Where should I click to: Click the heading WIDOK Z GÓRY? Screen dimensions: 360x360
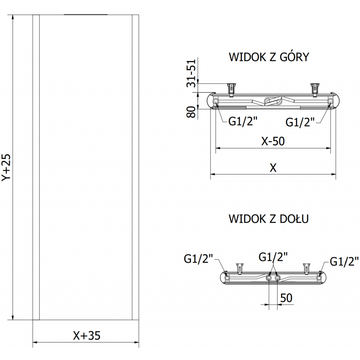point(269,57)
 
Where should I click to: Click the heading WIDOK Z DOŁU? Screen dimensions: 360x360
point(269,219)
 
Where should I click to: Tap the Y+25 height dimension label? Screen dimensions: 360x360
point(6,167)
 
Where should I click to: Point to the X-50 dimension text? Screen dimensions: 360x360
point(273,141)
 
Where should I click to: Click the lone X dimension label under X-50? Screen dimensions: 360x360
point(273,167)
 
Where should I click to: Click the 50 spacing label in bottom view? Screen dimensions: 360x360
point(286,297)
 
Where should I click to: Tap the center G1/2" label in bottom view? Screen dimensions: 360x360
point(273,257)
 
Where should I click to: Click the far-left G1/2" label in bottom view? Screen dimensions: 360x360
point(198,259)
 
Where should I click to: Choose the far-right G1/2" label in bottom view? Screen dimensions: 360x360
point(344,261)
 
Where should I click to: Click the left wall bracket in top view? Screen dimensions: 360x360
point(232,88)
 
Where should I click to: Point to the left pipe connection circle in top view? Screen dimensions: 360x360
point(216,102)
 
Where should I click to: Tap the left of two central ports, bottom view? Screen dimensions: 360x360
point(269,279)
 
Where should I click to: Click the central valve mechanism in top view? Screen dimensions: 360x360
point(273,101)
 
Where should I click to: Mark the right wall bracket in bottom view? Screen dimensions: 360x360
point(308,267)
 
